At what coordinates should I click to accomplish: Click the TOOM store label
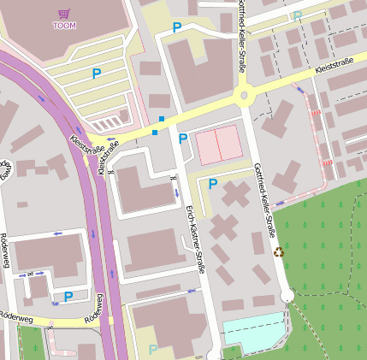click(64, 26)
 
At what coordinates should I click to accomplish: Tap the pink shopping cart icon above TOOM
click(64, 14)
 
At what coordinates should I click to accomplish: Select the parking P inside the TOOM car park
click(97, 74)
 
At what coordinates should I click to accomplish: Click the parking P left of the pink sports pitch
click(182, 139)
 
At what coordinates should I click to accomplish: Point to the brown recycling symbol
click(278, 252)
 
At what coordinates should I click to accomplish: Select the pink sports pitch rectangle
click(218, 146)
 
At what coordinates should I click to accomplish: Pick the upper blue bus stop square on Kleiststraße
click(162, 119)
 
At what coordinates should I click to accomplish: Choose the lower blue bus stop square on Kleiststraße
click(154, 132)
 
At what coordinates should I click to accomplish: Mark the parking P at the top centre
click(177, 28)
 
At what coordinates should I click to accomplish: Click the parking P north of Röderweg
click(68, 297)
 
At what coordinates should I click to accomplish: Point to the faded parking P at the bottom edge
click(152, 350)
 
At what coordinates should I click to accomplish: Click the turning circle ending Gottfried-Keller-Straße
click(287, 296)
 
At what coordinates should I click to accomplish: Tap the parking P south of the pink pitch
click(213, 183)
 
